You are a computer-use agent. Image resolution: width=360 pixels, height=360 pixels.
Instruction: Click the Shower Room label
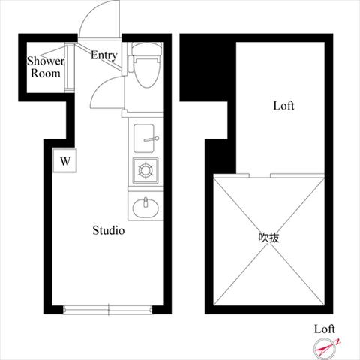[x=46, y=67]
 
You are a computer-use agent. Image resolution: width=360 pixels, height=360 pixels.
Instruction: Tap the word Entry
[x=104, y=55]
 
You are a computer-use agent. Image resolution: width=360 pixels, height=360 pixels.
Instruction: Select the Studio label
[x=109, y=230]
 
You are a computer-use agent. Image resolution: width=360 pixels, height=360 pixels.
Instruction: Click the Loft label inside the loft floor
[x=283, y=106]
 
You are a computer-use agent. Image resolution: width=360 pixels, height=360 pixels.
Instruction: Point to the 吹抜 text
[x=268, y=238]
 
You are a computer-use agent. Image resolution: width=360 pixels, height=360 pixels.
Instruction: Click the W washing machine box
[x=65, y=161]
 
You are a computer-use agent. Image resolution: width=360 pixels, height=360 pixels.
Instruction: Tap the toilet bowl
[x=147, y=70]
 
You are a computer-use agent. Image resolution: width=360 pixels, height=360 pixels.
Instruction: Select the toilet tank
[x=146, y=49]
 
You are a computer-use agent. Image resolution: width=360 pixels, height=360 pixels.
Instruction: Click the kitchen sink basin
[x=144, y=138]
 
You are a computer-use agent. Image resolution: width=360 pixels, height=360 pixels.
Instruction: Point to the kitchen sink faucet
[x=151, y=139]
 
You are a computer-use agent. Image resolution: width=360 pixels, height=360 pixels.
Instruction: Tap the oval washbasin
[x=145, y=208]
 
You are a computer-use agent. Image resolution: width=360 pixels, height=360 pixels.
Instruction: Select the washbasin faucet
[x=145, y=202]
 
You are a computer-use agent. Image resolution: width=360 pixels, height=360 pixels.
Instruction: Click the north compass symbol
[x=325, y=348]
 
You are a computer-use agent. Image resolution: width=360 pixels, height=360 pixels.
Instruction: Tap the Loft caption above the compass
[x=325, y=329]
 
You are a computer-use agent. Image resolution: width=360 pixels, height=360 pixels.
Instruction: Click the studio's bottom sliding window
[x=108, y=310]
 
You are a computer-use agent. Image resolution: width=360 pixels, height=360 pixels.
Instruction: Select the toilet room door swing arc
[x=100, y=86]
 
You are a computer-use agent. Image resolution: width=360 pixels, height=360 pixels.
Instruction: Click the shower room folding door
[x=70, y=67]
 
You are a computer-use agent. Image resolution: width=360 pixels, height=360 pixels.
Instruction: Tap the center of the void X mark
[x=269, y=241]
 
